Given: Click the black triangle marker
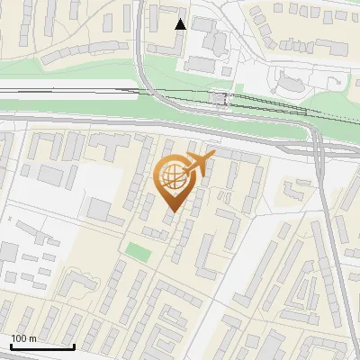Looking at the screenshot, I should (181, 23).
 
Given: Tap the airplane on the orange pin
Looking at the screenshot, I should (199, 165).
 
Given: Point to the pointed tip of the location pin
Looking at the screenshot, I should (172, 213).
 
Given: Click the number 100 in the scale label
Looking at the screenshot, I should (20, 338).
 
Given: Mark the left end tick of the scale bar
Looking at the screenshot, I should (10, 345).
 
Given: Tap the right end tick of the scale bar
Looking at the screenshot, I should (74, 345).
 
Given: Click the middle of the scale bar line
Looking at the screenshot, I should (41, 346).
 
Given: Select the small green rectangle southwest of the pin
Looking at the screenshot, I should (135, 251).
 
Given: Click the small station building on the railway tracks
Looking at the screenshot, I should (218, 97).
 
